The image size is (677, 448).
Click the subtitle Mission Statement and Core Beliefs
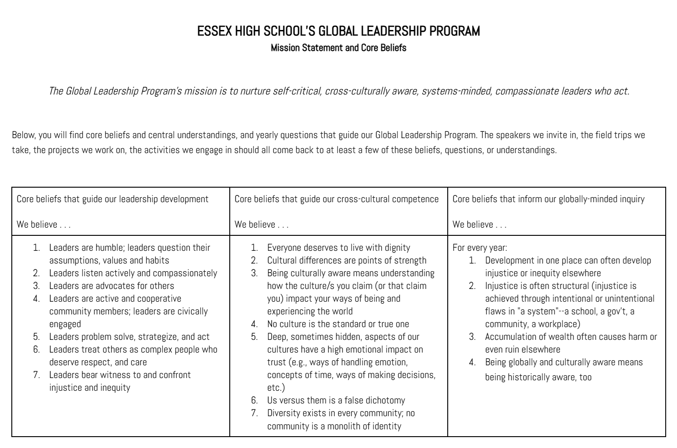click(338, 48)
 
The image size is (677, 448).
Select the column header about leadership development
click(113, 199)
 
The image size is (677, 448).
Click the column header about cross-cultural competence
click(336, 199)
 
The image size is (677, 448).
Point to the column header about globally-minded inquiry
click(549, 199)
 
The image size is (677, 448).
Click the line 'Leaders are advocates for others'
click(112, 286)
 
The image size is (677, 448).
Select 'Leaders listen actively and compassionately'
click(133, 273)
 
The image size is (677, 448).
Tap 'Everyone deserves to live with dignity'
click(338, 248)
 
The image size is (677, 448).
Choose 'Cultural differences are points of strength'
click(346, 260)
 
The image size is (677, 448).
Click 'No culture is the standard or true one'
click(338, 324)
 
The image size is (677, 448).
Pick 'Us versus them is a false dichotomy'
click(336, 400)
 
